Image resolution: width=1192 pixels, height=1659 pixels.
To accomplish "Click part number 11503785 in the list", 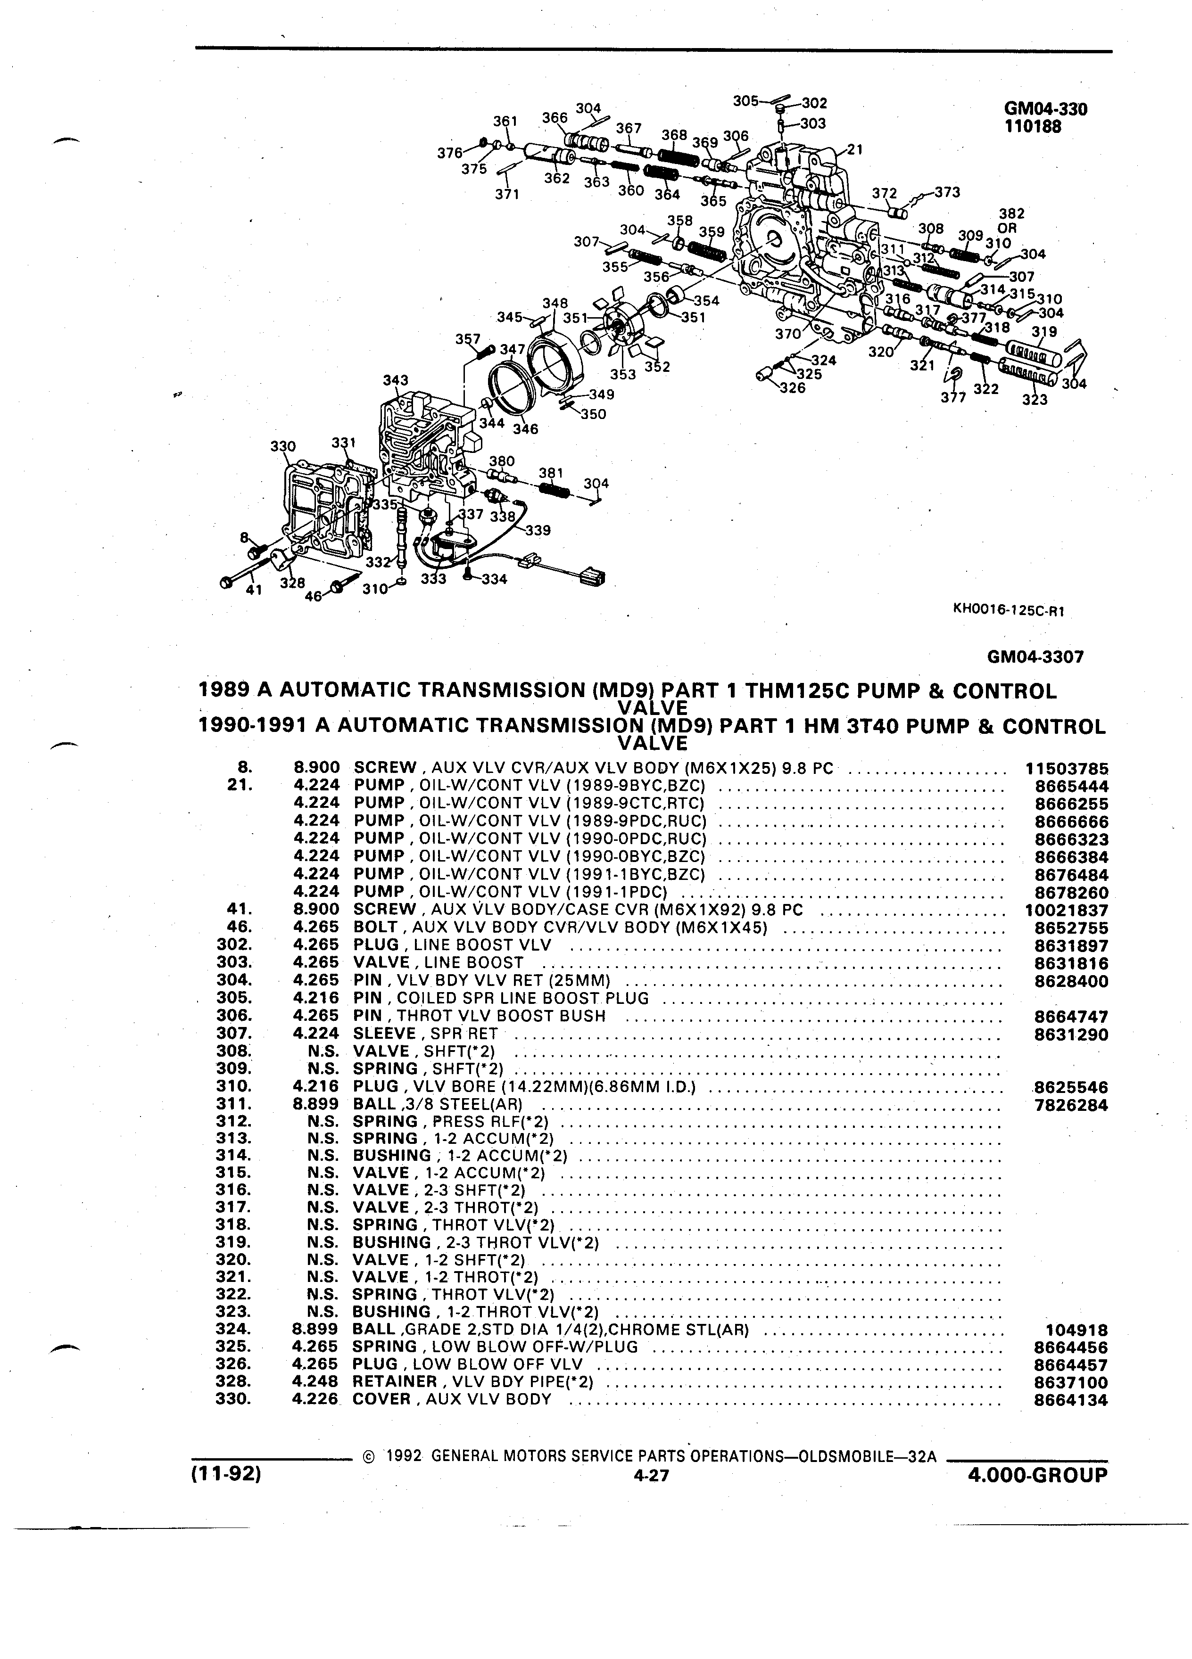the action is click(1067, 769).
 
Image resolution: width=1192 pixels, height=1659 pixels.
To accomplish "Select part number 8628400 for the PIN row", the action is click(1071, 982).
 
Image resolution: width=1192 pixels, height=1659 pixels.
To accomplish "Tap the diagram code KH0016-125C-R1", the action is click(1008, 611).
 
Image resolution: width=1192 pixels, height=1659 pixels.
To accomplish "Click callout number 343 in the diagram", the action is click(396, 380).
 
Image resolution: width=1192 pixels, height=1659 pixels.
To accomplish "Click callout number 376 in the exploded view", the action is click(450, 153).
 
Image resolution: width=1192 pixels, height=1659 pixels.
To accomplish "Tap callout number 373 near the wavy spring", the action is click(947, 192).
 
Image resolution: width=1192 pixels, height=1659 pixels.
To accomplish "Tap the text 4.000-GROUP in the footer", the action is click(1037, 1475).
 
